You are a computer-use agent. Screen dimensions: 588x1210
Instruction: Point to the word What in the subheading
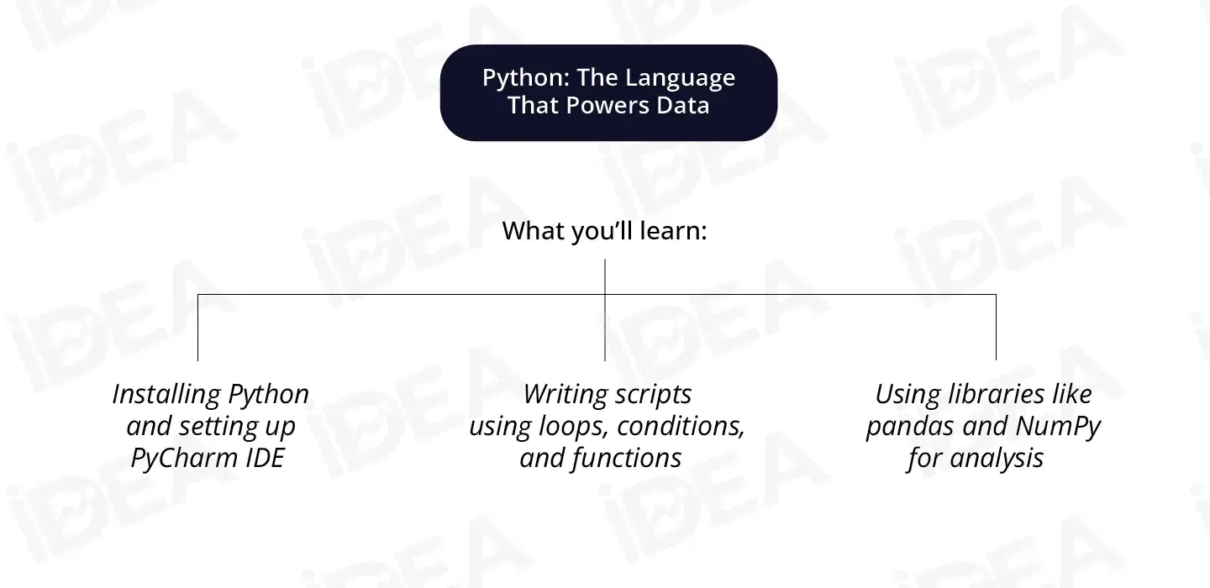pos(531,231)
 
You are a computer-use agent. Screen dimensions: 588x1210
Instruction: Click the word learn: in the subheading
pos(675,231)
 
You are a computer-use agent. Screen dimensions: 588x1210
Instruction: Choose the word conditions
pos(681,426)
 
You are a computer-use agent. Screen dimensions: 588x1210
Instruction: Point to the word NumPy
pos(1058,426)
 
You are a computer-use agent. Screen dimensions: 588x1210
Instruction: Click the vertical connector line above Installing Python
pos(197,328)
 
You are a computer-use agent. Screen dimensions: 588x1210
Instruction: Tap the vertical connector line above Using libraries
pos(996,328)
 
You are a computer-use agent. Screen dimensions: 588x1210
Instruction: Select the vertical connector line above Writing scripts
pos(605,328)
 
